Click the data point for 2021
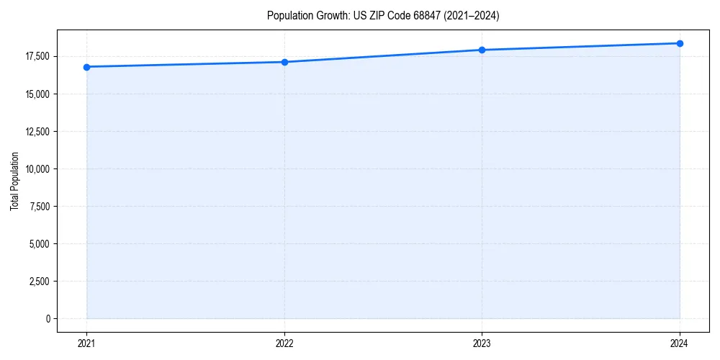(x=86, y=67)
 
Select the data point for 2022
(x=284, y=62)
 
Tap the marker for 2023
(x=482, y=50)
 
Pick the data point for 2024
(x=680, y=43)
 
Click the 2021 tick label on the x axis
(x=86, y=343)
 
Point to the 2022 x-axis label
(x=284, y=343)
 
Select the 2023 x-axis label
(x=482, y=343)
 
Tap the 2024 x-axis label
(x=680, y=343)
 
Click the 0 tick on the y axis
(x=47, y=318)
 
